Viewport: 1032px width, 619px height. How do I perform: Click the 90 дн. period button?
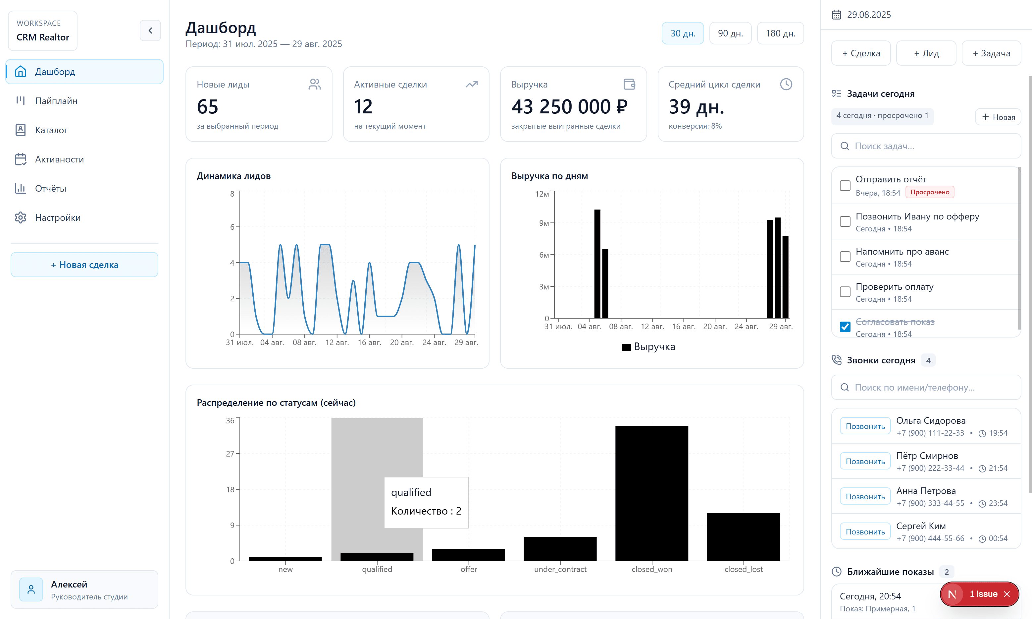[x=730, y=33]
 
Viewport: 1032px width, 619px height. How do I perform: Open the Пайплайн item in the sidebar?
[x=56, y=101]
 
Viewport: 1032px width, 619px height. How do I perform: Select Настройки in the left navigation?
[x=58, y=218]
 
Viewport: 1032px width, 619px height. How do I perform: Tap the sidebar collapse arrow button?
[x=150, y=31]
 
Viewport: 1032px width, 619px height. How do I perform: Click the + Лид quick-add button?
[x=926, y=53]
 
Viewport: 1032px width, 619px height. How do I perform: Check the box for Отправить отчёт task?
[x=845, y=186]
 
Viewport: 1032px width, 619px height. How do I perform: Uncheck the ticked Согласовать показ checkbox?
[x=845, y=327]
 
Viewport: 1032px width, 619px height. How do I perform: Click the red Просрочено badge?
[x=930, y=192]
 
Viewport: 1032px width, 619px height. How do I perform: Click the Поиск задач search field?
[x=926, y=146]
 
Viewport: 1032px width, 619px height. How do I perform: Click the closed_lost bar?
[x=743, y=537]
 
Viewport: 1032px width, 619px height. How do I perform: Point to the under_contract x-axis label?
[x=560, y=569]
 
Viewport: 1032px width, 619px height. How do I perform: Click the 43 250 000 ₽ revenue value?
[x=569, y=107]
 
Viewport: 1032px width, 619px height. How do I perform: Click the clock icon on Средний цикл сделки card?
[x=786, y=84]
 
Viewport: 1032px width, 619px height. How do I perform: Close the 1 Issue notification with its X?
[x=1007, y=594]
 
